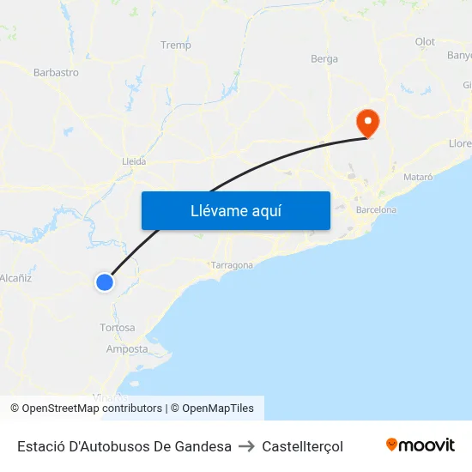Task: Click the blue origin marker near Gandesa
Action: click(x=104, y=281)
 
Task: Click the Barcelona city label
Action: click(x=377, y=209)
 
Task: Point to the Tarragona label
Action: click(x=232, y=265)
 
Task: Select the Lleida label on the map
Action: click(x=135, y=161)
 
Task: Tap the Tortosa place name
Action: click(x=118, y=328)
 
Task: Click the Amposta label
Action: click(x=127, y=349)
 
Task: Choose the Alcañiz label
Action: click(x=15, y=278)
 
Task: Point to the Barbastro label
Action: click(x=56, y=73)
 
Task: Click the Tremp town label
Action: click(x=176, y=45)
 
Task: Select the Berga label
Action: click(x=324, y=59)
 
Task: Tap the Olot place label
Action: click(x=425, y=42)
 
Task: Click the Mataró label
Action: click(x=419, y=177)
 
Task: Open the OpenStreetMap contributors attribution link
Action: click(x=92, y=408)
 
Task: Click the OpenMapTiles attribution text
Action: click(x=218, y=408)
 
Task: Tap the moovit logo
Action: click(x=421, y=445)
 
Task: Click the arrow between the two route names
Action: click(x=246, y=446)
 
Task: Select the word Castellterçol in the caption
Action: click(x=302, y=446)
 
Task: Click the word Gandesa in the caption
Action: click(x=203, y=446)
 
